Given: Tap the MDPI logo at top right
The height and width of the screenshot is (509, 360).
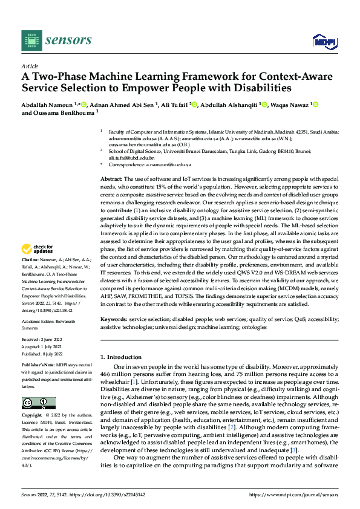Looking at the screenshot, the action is pos(323,41).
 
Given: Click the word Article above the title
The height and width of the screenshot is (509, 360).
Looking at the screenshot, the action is pos(30,66).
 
